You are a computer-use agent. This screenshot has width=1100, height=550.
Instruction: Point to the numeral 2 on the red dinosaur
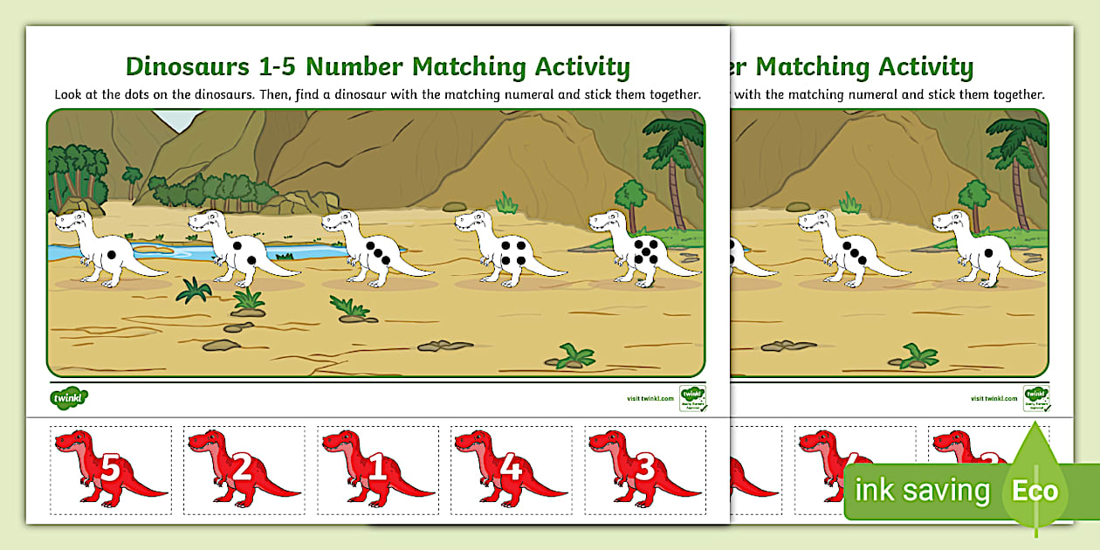(244, 469)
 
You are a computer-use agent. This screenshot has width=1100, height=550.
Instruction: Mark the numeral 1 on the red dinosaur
(376, 470)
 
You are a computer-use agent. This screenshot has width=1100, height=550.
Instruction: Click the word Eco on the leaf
(1035, 491)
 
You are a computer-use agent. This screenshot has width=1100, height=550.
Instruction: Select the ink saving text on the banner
(922, 491)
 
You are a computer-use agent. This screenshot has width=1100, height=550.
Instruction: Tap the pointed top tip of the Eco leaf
(1036, 423)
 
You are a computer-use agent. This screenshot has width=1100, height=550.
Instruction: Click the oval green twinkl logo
(69, 397)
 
